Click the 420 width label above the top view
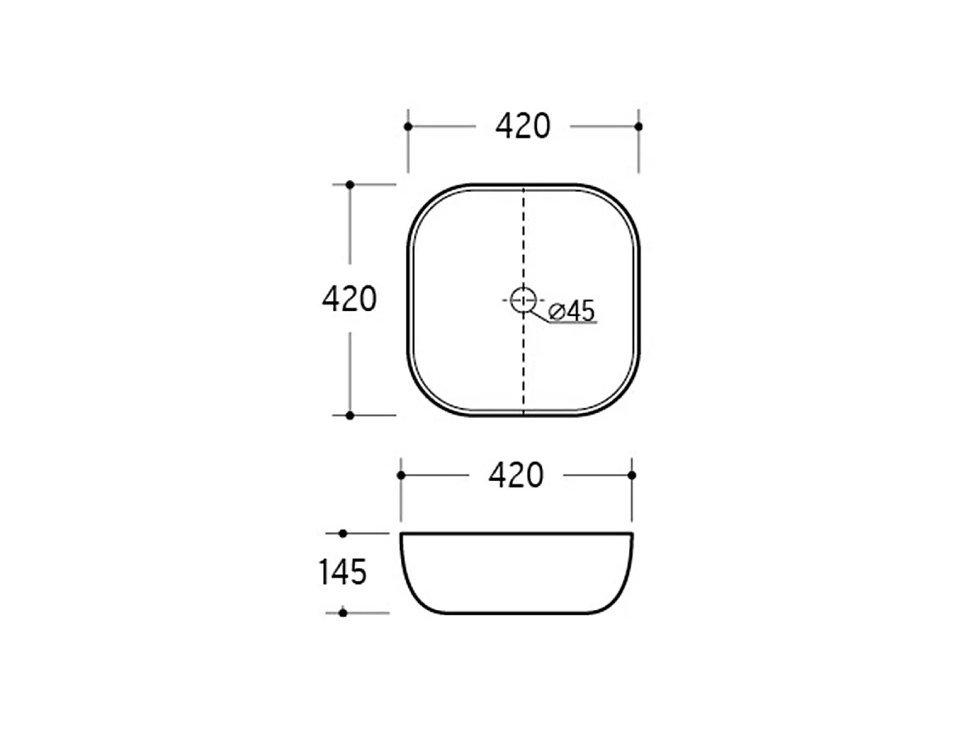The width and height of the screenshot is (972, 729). tap(522, 126)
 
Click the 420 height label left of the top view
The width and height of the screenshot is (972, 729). tap(349, 299)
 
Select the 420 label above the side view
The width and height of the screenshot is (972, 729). tap(516, 475)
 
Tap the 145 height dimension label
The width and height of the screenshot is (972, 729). tap(343, 572)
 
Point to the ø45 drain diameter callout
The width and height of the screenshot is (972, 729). tap(572, 311)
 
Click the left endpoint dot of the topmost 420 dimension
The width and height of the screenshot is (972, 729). tap(408, 126)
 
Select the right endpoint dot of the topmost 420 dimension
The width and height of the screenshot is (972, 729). tap(638, 126)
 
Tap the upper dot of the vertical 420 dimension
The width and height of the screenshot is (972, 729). tap(350, 185)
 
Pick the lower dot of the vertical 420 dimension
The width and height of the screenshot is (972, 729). tap(350, 416)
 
